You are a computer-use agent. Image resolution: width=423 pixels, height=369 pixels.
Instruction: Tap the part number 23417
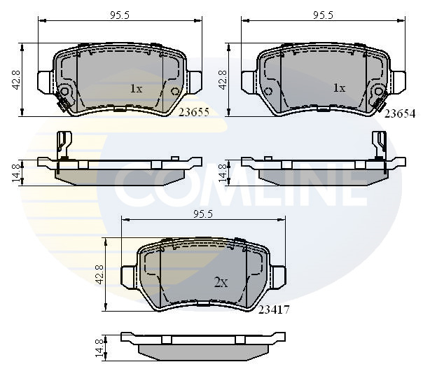(275, 308)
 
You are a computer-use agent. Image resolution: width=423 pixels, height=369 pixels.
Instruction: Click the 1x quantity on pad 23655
(136, 89)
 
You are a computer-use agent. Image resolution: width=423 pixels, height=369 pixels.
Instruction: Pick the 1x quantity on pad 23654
(339, 88)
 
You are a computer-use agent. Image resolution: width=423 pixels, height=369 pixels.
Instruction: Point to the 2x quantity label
(221, 283)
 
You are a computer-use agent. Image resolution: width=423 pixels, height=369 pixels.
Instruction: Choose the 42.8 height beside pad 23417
(99, 274)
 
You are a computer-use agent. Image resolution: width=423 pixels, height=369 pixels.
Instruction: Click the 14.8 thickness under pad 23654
(223, 172)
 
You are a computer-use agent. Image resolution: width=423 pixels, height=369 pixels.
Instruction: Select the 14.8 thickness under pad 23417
(99, 345)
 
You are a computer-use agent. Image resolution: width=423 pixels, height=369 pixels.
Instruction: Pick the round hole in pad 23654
(379, 92)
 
